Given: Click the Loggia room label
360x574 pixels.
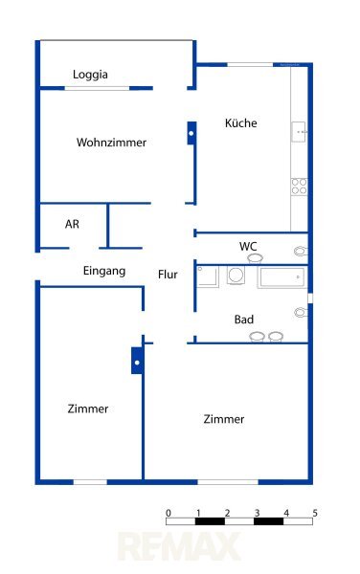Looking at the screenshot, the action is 90,75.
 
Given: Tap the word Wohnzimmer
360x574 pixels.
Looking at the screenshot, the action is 111,142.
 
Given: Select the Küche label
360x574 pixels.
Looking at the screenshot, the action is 240,122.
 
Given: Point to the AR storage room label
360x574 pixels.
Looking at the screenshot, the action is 72,224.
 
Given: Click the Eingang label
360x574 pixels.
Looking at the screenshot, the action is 104,272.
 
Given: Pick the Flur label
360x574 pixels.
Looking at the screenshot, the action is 168,275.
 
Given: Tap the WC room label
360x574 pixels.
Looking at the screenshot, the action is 248,246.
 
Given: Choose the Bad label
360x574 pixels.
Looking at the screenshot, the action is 244,320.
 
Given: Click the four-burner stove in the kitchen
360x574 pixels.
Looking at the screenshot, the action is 299,187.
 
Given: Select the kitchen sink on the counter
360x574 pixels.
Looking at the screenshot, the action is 299,132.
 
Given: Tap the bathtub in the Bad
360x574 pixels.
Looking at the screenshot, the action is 281,277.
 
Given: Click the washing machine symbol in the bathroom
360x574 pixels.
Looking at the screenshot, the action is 236,276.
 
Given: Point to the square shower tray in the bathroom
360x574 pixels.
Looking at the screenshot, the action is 207,276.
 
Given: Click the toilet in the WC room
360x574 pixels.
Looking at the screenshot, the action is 301,251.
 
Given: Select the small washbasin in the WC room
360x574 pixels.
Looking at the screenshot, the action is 255,258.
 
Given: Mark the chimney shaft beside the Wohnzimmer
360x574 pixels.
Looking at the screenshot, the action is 191,133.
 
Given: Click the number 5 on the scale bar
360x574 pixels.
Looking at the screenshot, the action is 315,513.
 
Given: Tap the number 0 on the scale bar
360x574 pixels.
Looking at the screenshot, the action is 169,513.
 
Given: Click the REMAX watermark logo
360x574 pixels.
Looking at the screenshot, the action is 179,546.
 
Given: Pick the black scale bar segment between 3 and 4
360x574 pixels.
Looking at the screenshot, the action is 268,521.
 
